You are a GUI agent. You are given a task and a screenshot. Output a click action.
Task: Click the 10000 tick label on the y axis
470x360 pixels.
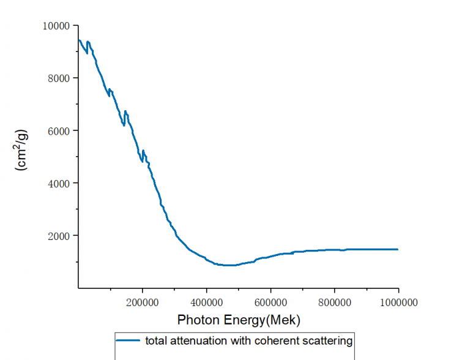pos(57,25)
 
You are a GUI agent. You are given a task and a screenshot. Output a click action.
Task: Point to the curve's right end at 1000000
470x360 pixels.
pos(398,249)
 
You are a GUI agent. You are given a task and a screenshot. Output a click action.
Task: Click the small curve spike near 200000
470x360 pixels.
pos(143,151)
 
